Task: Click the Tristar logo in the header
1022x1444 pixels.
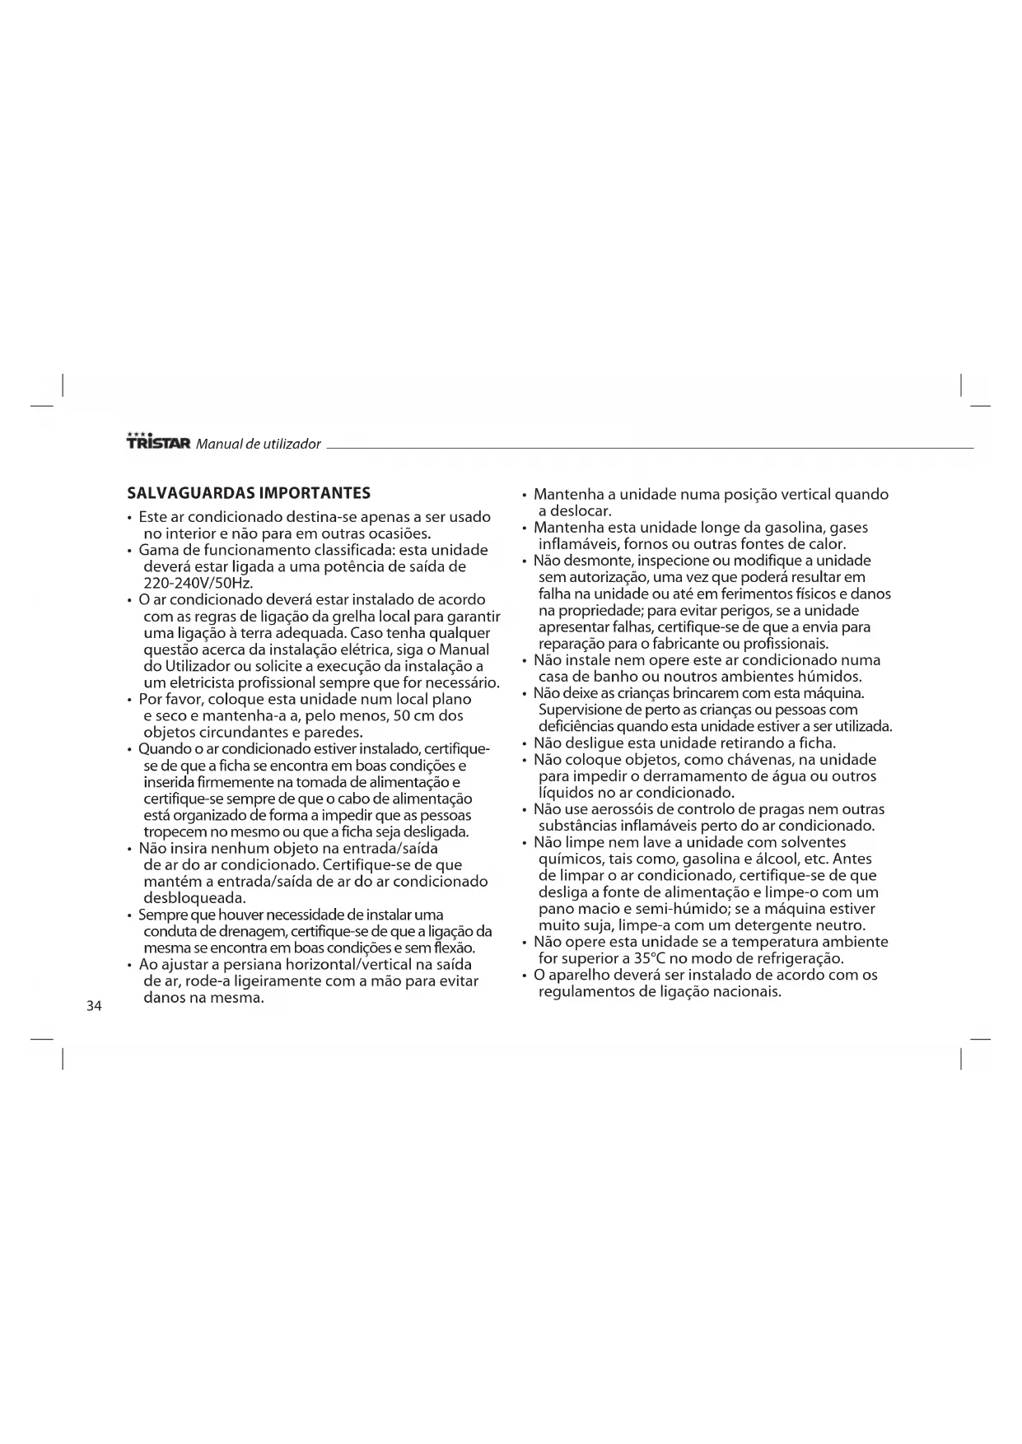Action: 159,442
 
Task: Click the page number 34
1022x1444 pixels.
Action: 94,1006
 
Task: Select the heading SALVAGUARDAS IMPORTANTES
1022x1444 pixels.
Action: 249,493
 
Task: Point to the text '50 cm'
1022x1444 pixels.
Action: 414,715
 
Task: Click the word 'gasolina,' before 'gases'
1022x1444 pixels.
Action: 787,528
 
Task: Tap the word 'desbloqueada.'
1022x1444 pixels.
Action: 195,897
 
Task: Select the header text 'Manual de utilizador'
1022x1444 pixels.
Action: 258,444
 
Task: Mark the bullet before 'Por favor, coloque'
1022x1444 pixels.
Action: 130,700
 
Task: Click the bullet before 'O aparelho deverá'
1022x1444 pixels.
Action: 525,976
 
